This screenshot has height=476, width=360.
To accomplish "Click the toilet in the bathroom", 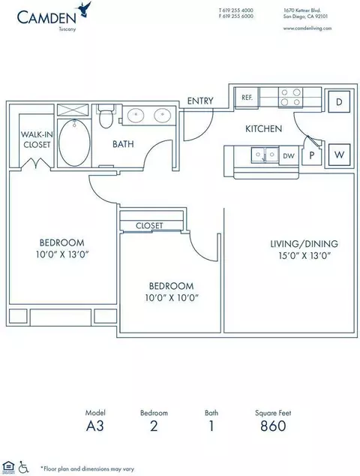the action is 106,116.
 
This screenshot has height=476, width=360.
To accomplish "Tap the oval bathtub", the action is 74,143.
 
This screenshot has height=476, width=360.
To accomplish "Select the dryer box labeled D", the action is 339,101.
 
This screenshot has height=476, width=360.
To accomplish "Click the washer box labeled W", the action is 339,155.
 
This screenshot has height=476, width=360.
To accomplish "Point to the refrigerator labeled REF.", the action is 247,98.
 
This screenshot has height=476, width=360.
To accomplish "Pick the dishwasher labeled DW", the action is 289,155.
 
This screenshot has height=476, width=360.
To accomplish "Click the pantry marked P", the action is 311,155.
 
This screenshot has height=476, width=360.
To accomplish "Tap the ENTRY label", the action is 200,101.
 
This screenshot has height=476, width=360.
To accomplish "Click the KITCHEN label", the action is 263,128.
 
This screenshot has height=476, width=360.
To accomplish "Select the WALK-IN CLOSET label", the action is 37,140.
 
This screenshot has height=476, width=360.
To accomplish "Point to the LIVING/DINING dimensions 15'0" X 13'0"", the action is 304,255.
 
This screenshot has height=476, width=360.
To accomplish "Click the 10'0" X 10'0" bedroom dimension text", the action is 172,298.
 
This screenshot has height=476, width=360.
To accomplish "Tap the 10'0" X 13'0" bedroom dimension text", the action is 62,255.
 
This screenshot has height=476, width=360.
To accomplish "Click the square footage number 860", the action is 273,426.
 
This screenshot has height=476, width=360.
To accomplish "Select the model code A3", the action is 95,426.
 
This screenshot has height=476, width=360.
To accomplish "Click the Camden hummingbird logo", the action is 85,9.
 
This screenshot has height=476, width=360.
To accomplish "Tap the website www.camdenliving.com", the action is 307,29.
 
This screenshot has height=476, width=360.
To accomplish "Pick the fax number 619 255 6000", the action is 238,17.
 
